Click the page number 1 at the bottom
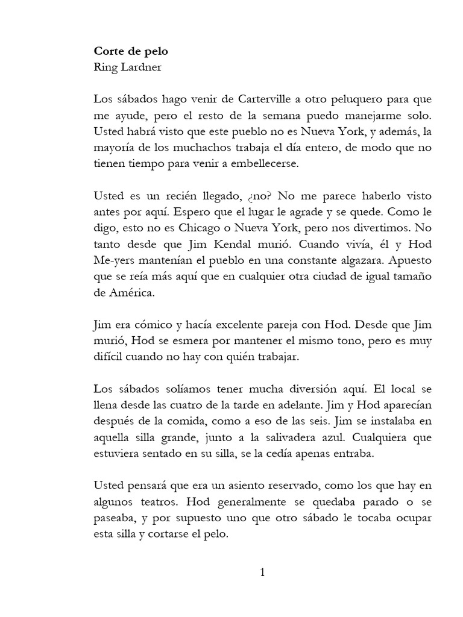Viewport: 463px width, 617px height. (x=262, y=572)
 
